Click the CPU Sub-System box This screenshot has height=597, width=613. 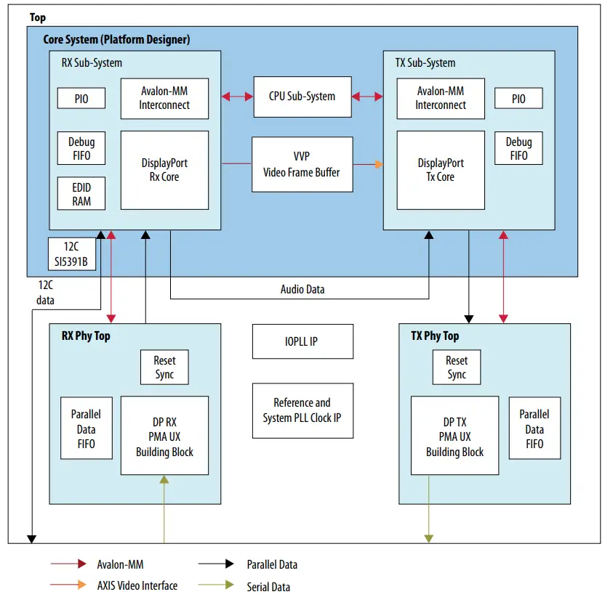[302, 97]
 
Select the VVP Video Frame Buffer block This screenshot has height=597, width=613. [302, 165]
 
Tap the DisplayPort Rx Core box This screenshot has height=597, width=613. [164, 170]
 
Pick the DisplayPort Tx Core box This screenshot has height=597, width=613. [441, 170]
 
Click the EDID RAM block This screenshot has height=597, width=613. [81, 194]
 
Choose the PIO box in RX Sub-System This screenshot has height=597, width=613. [81, 98]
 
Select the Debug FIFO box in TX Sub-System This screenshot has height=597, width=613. [518, 148]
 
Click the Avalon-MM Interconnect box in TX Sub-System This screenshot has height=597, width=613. [441, 98]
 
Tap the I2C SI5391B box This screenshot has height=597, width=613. [73, 253]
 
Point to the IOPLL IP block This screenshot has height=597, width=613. [303, 341]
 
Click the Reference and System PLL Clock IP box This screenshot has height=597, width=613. [302, 410]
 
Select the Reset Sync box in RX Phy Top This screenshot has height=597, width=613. [164, 367]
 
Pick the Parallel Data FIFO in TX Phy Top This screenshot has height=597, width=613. [534, 429]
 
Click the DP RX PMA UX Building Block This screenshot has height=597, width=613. [164, 436]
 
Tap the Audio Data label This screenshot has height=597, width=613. [303, 289]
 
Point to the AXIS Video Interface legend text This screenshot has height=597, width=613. [137, 585]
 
